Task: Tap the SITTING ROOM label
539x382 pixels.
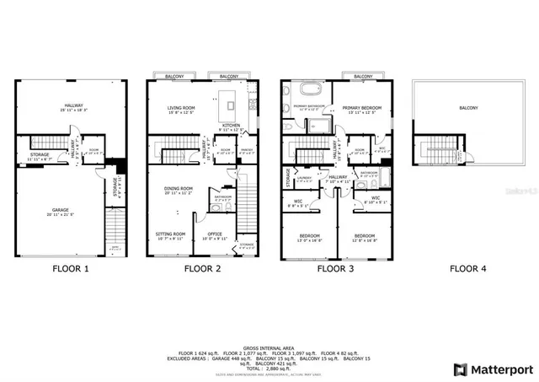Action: (171, 234)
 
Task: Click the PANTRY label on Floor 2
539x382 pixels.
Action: (246, 152)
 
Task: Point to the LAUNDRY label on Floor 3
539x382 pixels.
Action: (304, 178)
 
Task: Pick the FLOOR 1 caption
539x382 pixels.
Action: (70, 270)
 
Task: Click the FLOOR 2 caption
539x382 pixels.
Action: (203, 270)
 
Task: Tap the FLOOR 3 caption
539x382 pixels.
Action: (335, 270)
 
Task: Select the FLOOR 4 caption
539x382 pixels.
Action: (467, 270)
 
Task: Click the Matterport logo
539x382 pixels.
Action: (493, 369)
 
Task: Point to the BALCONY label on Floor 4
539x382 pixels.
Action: (468, 108)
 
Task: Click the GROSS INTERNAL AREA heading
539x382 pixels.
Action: (269, 347)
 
